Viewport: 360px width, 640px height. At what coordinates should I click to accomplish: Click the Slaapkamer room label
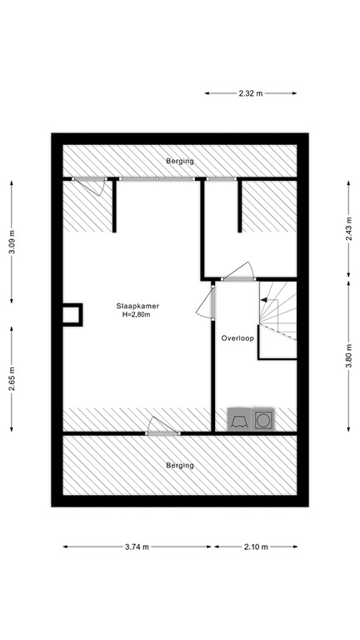(138, 306)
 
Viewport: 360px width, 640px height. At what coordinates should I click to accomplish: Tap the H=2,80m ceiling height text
(138, 315)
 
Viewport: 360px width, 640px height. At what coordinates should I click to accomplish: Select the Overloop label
(237, 339)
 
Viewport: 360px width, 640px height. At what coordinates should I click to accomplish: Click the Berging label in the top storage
(179, 161)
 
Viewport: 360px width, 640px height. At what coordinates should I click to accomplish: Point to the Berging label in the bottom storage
(179, 465)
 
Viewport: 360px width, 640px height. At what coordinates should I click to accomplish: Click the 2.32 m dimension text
(250, 94)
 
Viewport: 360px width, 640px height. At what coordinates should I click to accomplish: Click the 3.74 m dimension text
(137, 547)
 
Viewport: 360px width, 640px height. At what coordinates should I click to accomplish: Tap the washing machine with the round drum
(264, 419)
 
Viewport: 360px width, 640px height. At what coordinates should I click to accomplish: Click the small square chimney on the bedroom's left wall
(72, 314)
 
